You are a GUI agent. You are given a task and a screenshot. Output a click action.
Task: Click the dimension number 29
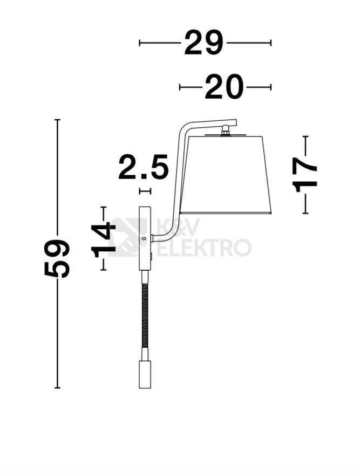(203, 43)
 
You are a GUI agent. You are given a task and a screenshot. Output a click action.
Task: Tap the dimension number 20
(224, 87)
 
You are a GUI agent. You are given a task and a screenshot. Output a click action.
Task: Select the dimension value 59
(57, 258)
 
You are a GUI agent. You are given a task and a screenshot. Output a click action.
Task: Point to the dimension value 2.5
(144, 167)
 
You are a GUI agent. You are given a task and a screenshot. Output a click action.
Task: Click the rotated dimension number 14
(103, 240)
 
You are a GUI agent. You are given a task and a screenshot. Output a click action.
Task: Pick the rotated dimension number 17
(304, 175)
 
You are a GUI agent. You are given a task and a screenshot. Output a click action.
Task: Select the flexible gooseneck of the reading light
(145, 315)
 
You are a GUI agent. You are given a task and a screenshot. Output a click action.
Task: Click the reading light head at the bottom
(145, 374)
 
